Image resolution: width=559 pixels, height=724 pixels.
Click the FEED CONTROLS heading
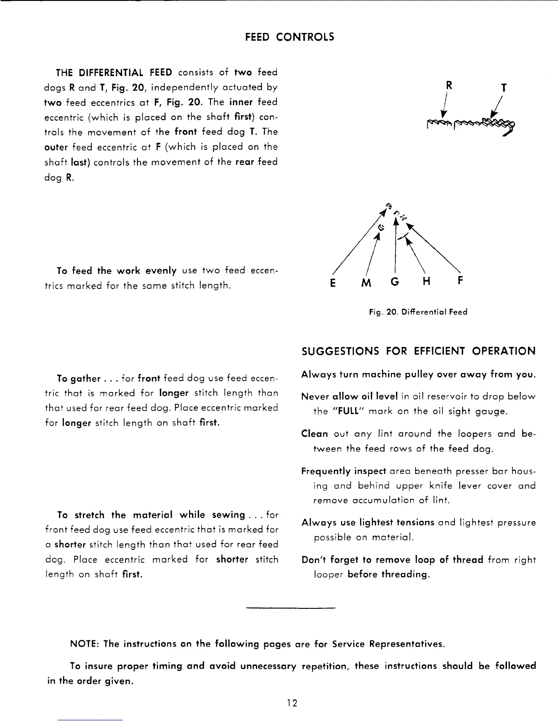[x=290, y=37]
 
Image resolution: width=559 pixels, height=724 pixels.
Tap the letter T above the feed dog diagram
[x=504, y=87]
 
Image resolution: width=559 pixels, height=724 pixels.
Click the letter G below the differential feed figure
[x=395, y=282]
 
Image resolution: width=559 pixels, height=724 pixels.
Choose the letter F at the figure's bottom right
[x=460, y=282]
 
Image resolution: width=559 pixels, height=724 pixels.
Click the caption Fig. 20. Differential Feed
[x=418, y=312]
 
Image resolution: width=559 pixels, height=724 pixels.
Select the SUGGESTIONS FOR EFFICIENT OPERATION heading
[x=418, y=351]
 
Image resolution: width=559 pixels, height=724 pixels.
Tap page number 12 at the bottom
[x=292, y=703]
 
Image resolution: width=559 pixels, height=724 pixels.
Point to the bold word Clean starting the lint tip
[x=315, y=434]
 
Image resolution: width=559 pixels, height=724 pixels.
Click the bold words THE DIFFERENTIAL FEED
[x=114, y=73]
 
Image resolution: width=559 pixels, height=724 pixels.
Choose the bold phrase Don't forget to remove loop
[x=392, y=560]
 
